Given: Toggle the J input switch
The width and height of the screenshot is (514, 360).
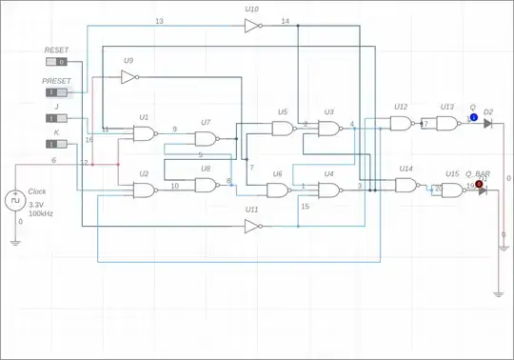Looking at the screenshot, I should pyautogui.click(x=57, y=118).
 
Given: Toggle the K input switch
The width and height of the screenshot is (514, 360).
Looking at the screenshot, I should pyautogui.click(x=57, y=145).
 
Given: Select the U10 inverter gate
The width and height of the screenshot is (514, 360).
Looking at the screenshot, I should pyautogui.click(x=251, y=27).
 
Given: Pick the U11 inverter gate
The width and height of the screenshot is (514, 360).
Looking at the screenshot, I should pyautogui.click(x=252, y=227).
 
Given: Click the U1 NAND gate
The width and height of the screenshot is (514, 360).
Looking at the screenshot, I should pyautogui.click(x=146, y=134).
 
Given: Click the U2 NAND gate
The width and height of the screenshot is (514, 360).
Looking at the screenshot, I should pyautogui.click(x=146, y=190).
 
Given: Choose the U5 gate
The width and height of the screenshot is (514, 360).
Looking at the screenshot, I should pyautogui.click(x=282, y=130).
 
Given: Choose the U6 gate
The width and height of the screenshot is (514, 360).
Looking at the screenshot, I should pyautogui.click(x=278, y=190).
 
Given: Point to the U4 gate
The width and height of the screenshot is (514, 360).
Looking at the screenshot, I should pyautogui.click(x=328, y=190).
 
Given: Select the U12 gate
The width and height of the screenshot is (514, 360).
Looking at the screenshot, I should pyautogui.click(x=402, y=124).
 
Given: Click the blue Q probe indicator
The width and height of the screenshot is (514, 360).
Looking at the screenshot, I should pyautogui.click(x=472, y=118).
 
